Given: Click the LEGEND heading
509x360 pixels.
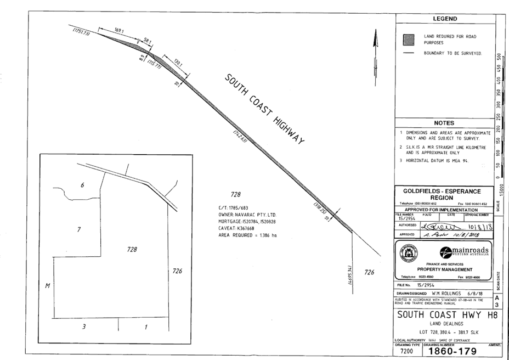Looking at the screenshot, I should [444, 19].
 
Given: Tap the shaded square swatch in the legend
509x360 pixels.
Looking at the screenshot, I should [408, 40].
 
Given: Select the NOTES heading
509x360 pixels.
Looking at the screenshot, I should [444, 123].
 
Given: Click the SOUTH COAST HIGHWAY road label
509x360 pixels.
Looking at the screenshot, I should [264, 109].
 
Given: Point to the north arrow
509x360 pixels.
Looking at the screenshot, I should [375, 41].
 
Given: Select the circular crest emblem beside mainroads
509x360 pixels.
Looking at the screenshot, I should [409, 253].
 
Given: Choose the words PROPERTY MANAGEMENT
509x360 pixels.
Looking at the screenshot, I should [444, 270].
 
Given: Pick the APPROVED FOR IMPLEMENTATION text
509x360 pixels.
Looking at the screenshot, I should [441, 210].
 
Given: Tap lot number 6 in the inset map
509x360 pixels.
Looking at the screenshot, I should [82, 185].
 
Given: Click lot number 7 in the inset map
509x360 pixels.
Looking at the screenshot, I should [79, 229].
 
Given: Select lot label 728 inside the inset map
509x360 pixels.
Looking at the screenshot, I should [132, 250].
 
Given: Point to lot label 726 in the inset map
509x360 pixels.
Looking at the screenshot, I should [177, 270].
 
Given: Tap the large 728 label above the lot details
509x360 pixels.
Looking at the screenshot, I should [236, 194].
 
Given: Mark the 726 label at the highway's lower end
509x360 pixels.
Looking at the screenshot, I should [370, 272].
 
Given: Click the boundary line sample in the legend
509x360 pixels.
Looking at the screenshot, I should [408, 53].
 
